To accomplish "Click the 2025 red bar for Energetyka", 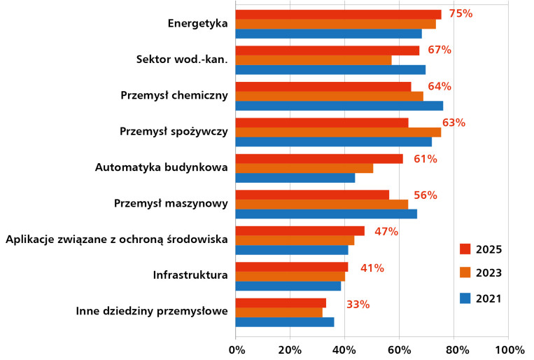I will point(338,15).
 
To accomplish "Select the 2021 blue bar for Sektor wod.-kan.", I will point(330,69).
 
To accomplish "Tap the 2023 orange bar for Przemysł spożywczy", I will point(338,132).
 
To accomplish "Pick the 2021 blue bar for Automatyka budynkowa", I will point(295,178).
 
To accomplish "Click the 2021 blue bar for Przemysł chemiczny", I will point(339,106).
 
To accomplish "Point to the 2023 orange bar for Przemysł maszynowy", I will point(321,205).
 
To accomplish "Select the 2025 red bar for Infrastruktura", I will point(291,267).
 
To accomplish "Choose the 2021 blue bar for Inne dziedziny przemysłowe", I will point(284,322).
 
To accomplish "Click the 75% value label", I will point(461,13).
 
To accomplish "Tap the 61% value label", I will point(425,159).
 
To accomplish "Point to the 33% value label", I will point(358,304).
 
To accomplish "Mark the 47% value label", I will point(386,231).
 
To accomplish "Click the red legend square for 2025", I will point(465,249).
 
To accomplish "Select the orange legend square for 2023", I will point(465,273).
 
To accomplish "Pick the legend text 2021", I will point(489,298).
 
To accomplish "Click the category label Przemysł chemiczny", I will point(174,95).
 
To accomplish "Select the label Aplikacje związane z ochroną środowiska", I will point(117,240).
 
